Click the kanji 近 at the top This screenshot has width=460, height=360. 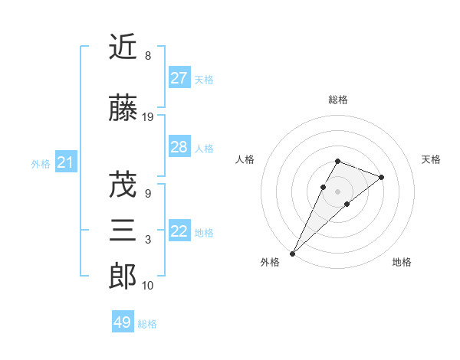[x=123, y=47]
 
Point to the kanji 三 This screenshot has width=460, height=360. [x=123, y=231]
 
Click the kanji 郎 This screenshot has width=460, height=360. [x=123, y=276]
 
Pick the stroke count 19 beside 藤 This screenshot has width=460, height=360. [x=148, y=117]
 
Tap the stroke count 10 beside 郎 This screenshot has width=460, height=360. [x=148, y=286]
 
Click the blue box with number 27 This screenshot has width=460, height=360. [x=179, y=78]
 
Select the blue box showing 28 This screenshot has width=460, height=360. [x=179, y=147]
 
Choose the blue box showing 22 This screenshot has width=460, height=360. [x=179, y=231]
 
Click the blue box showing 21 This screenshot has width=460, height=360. [x=65, y=162]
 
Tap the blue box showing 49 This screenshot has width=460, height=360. [x=122, y=322]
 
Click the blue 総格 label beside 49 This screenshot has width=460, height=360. [x=147, y=324]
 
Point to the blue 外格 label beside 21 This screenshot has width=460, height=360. [x=41, y=164]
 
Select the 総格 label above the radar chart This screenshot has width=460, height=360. [x=337, y=100]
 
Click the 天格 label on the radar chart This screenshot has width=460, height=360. [x=432, y=159]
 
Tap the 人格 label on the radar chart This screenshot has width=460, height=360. [x=245, y=159]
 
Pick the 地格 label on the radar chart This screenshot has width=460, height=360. [x=402, y=262]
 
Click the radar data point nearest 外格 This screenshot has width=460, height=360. [x=292, y=253]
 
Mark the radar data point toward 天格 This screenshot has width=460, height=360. [x=381, y=177]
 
